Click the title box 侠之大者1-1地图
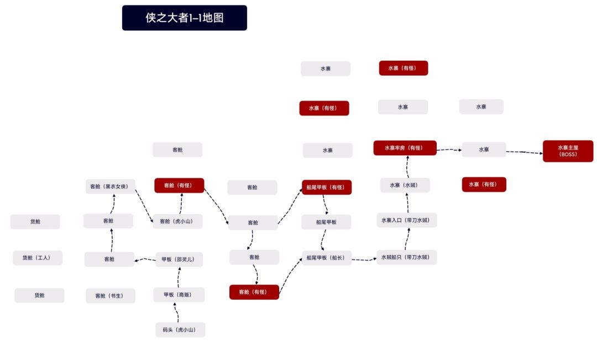click(184, 18)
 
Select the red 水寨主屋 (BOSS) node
click(567, 151)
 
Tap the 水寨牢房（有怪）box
click(405, 148)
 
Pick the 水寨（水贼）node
click(405, 185)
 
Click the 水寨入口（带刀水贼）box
click(407, 220)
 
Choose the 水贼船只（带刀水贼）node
click(407, 257)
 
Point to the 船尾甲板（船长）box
click(326, 258)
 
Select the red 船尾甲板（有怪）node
click(326, 188)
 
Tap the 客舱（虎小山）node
click(177, 221)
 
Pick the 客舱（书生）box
click(111, 296)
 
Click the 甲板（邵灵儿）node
click(178, 259)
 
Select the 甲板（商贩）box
click(179, 295)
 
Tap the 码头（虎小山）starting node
click(180, 330)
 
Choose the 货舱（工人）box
click(38, 258)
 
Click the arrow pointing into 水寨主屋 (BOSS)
click(524, 152)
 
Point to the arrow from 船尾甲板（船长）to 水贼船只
click(364, 259)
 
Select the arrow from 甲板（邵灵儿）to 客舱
click(145, 259)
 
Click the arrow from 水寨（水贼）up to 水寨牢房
click(407, 167)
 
